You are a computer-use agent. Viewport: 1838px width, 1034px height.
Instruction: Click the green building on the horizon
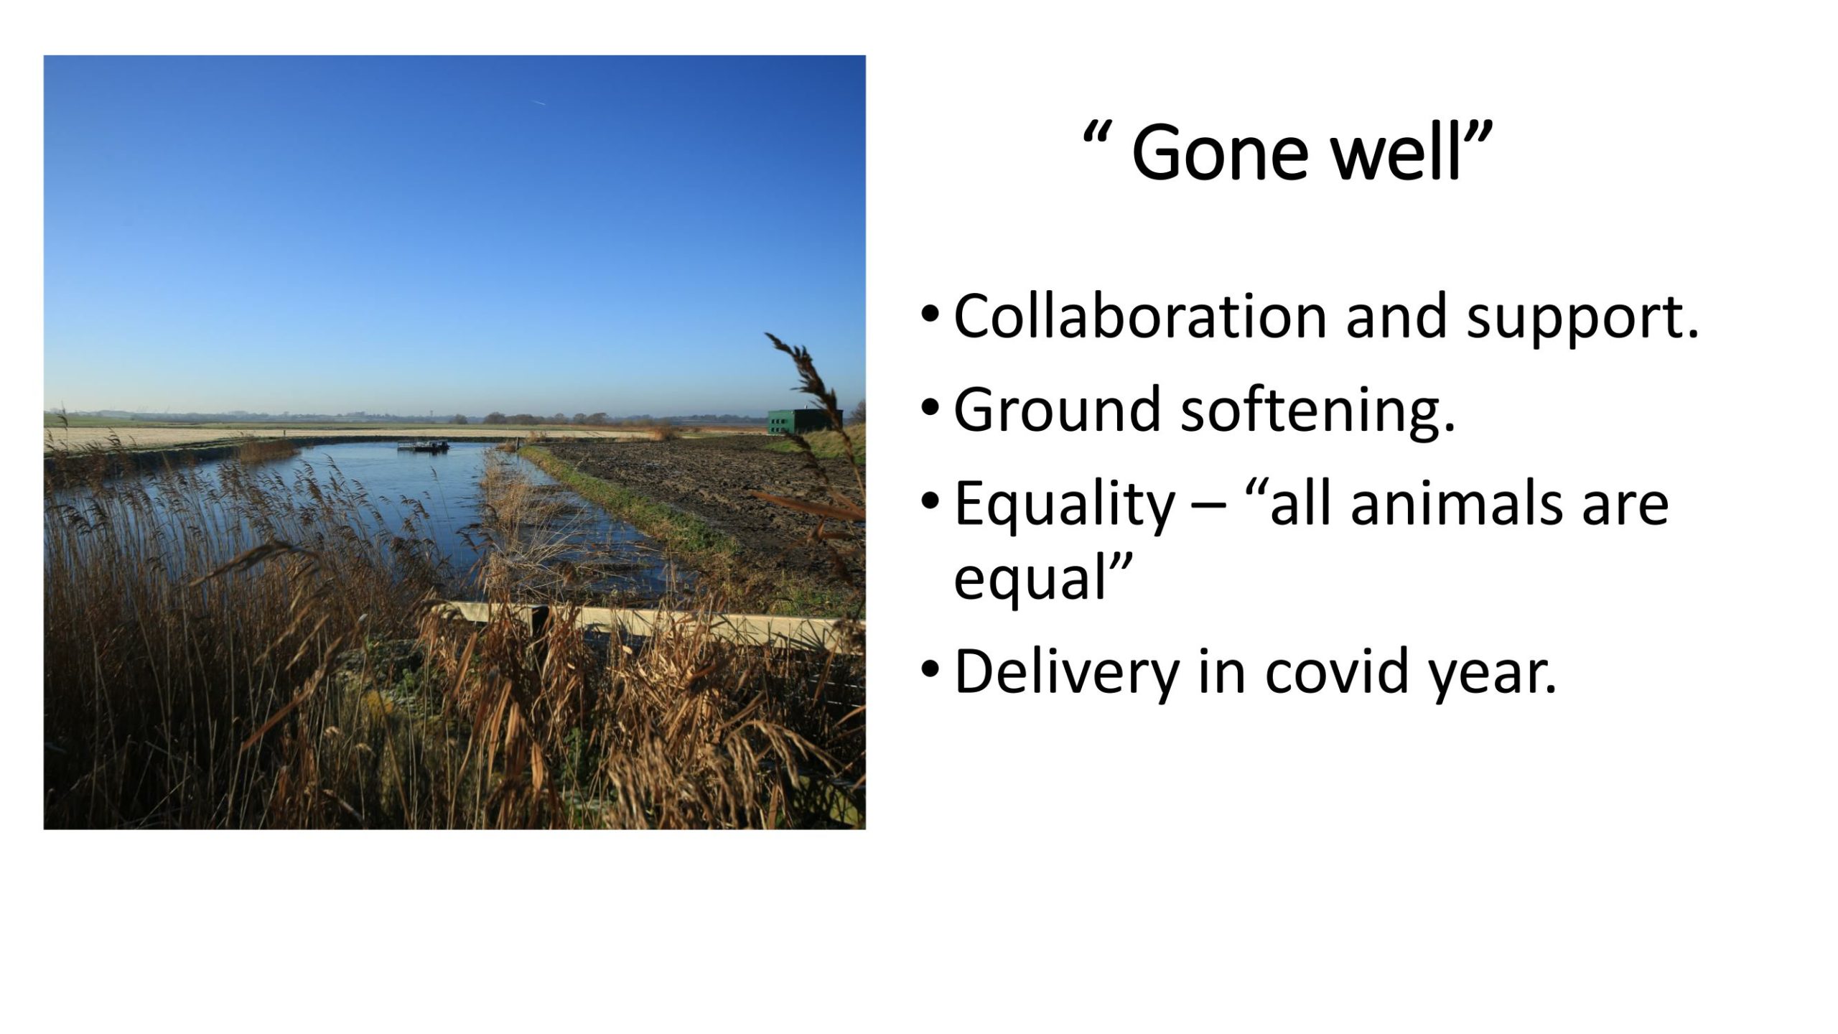804,421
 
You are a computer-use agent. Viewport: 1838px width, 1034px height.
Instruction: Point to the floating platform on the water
424,446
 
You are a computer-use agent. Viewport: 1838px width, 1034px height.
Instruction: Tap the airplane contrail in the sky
538,102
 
